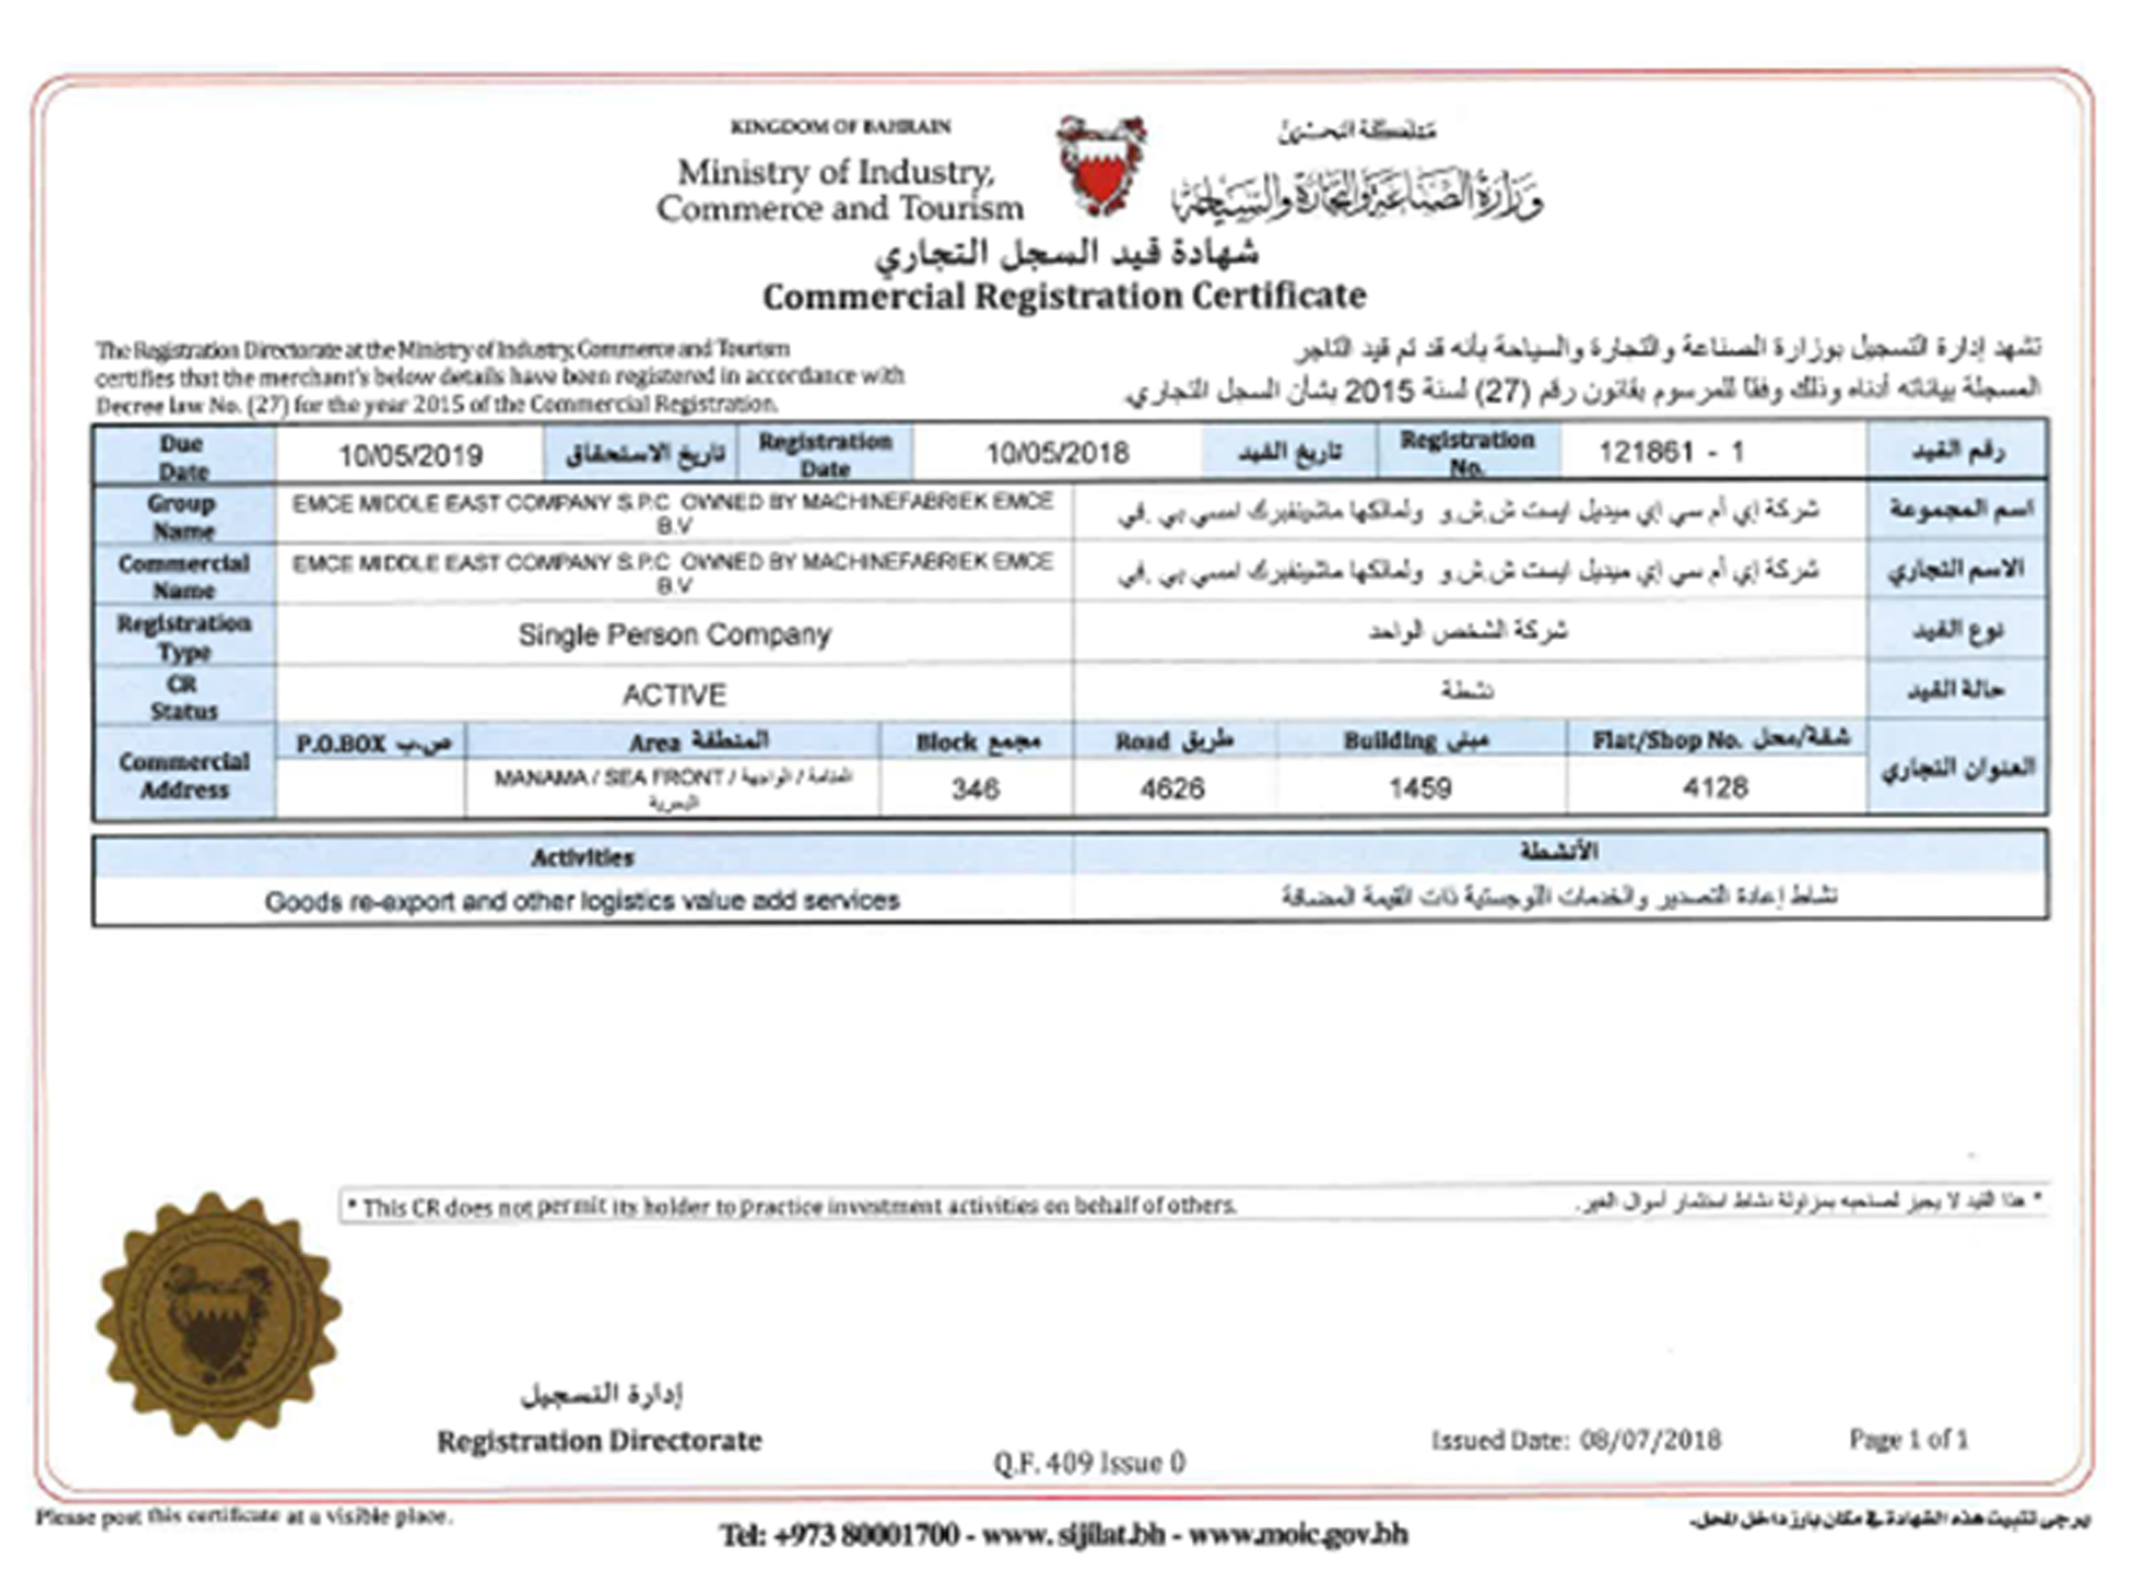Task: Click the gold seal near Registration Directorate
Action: pos(218,1315)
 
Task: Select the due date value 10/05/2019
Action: pos(410,455)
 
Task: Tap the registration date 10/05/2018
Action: pos(1057,453)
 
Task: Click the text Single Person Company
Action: pos(674,634)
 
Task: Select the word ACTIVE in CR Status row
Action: pos(674,694)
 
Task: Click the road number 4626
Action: pos(1172,788)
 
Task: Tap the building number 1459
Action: pos(1420,788)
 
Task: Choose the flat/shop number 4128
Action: pos(1715,787)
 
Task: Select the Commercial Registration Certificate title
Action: pos(1064,295)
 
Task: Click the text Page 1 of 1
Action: pos(1909,1439)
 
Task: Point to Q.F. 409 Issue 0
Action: pos(1089,1462)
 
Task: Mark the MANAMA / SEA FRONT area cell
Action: pos(672,787)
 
